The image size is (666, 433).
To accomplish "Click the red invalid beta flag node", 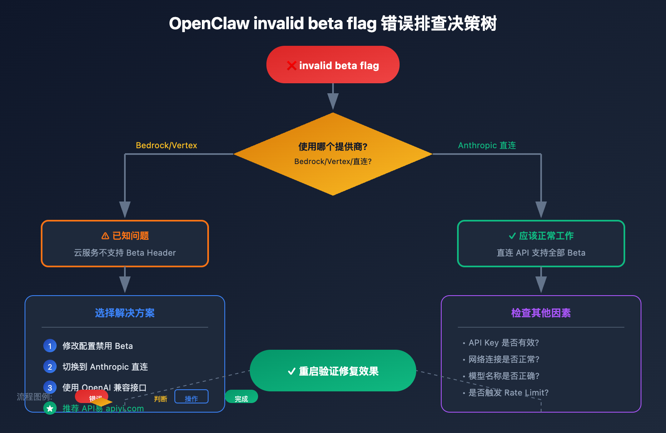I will click(x=333, y=65).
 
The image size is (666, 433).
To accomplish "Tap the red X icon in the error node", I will click(x=291, y=65).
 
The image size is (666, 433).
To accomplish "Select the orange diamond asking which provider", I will click(x=333, y=154).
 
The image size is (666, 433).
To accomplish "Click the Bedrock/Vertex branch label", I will click(x=166, y=145).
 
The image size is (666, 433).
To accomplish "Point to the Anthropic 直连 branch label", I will click(x=487, y=145).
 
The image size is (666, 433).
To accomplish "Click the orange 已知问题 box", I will click(x=125, y=244).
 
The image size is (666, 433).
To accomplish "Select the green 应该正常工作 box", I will click(x=541, y=244).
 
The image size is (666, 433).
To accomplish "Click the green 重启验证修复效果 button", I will click(x=333, y=371).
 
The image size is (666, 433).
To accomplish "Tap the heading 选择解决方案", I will click(x=125, y=313).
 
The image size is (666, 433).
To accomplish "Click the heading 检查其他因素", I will click(x=541, y=313).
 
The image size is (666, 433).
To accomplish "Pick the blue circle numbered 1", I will click(x=50, y=346).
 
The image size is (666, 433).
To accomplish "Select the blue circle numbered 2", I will click(x=50, y=366).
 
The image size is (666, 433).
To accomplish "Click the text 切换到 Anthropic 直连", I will click(x=105, y=367).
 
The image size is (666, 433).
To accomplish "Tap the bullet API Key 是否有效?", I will click(x=503, y=343).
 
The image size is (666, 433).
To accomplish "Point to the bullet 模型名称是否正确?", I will click(x=504, y=376).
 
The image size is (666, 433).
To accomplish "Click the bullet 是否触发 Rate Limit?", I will click(x=508, y=393).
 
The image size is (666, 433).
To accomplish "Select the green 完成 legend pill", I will click(x=241, y=397).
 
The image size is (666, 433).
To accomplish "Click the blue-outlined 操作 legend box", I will click(x=191, y=397).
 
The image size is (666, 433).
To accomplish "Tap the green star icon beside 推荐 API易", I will click(x=50, y=408).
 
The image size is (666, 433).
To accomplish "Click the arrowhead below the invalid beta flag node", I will click(x=333, y=101).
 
